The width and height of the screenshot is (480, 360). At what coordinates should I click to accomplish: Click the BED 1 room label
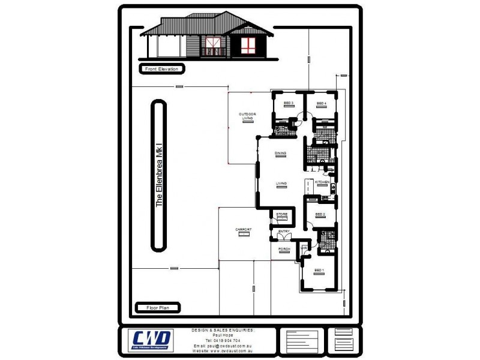point(319,271)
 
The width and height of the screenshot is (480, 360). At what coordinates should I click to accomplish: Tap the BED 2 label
point(320,214)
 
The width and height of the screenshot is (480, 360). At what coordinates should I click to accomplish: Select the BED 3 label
point(288,104)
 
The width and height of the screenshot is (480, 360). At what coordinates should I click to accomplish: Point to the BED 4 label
point(322,104)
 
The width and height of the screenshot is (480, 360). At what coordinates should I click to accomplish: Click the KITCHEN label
point(323,181)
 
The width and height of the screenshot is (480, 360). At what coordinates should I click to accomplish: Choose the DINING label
point(281,154)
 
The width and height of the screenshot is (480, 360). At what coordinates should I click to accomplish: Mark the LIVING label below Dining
point(281,184)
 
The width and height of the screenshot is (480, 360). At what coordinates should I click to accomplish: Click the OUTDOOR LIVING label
point(248,116)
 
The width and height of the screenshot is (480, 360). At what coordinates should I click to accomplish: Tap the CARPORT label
point(244,230)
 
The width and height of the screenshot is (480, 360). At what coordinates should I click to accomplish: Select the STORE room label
point(281,214)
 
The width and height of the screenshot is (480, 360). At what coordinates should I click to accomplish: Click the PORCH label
point(284,249)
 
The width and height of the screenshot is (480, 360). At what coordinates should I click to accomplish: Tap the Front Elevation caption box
point(161,69)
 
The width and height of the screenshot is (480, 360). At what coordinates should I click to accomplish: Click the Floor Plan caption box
point(158,308)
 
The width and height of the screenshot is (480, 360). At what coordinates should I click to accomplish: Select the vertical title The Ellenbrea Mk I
point(159,175)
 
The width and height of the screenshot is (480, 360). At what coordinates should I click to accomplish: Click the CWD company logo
point(152,340)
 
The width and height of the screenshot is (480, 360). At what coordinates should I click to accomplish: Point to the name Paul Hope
point(223,335)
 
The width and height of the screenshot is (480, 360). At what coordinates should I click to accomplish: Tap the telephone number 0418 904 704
point(223,340)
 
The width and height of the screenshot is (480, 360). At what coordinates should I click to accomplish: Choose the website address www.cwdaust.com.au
point(223,350)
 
